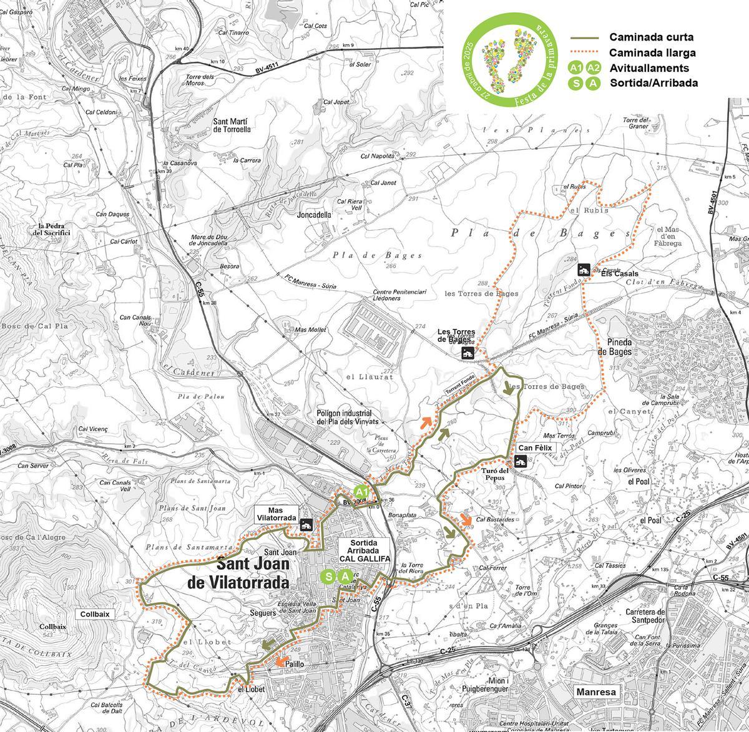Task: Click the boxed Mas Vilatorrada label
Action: [x=275, y=514]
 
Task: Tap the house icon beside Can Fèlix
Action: [x=519, y=462]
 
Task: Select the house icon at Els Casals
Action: [x=584, y=270]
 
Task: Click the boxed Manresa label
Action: [x=596, y=692]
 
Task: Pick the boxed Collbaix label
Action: [x=95, y=613]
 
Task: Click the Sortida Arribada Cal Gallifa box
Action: [x=365, y=551]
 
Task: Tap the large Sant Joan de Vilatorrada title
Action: [x=238, y=573]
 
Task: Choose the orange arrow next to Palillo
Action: [x=281, y=660]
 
